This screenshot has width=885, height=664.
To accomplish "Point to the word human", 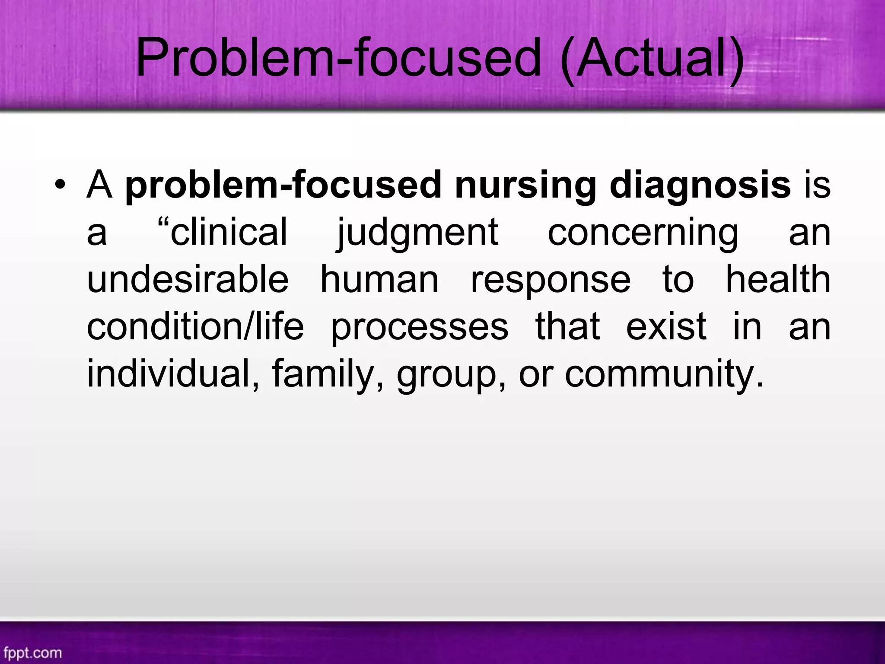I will (x=379, y=280).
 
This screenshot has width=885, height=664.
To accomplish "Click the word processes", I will (x=419, y=328).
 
